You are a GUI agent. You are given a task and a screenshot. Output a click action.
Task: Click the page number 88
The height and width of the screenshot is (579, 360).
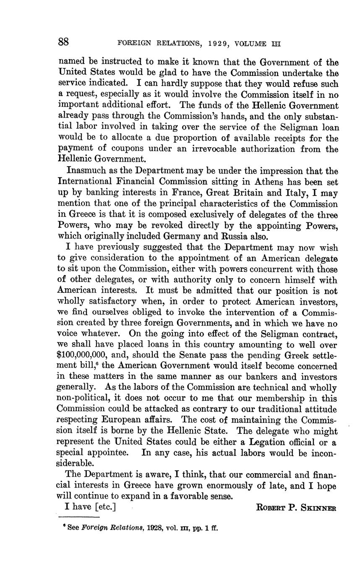click(63, 42)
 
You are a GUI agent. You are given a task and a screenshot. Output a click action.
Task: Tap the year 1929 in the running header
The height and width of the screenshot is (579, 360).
click(202, 44)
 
